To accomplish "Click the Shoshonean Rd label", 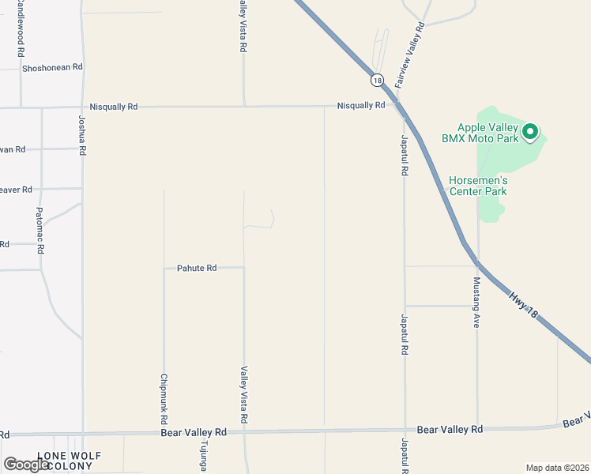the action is (52, 67).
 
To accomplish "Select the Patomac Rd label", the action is (40, 230).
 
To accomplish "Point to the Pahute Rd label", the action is (197, 269).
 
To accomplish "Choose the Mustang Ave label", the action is (476, 303).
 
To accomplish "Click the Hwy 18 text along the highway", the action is (523, 306).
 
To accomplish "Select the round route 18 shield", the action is (376, 80).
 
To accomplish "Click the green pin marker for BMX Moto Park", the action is (530, 131).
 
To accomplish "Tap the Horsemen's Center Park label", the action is (478, 185).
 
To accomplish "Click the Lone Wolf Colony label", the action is (65, 461).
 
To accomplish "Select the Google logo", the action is (26, 465).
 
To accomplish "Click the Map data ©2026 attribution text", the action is (557, 468).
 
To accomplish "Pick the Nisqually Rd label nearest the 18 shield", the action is (360, 105).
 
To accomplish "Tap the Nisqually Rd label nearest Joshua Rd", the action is (114, 106).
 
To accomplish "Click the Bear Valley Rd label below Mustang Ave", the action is (450, 429).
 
